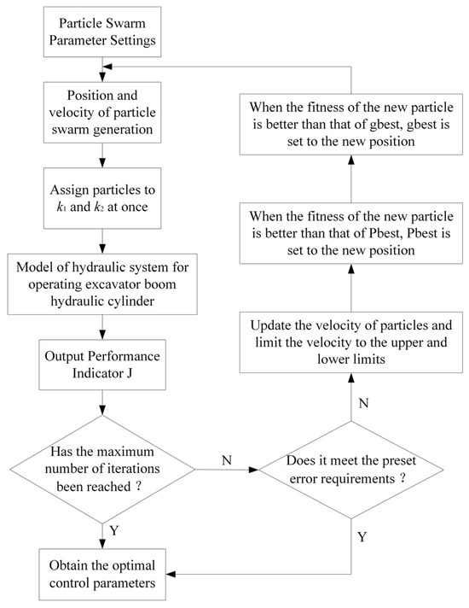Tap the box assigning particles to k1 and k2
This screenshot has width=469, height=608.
point(104,195)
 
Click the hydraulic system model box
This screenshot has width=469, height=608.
point(104,281)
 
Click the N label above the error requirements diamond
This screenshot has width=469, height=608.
point(362,400)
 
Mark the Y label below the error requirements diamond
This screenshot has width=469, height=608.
point(362,537)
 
